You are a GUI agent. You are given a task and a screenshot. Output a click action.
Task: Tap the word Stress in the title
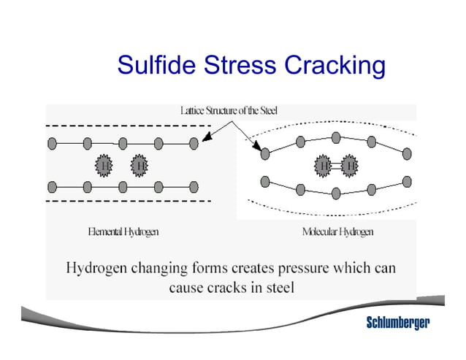pyautogui.click(x=238, y=66)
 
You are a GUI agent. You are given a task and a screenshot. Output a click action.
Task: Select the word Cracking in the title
pyautogui.click(x=334, y=67)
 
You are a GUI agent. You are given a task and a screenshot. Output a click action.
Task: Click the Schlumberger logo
pyautogui.click(x=397, y=323)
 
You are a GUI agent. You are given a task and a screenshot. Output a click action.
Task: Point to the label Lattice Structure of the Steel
pyautogui.click(x=229, y=110)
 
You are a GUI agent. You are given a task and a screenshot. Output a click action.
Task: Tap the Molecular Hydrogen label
pyautogui.click(x=337, y=232)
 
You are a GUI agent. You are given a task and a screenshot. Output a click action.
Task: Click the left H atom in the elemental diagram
pyautogui.click(x=104, y=165)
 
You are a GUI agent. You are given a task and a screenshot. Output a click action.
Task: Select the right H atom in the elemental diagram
pyautogui.click(x=140, y=165)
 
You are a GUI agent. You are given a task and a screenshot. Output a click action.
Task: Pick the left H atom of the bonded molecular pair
pyautogui.click(x=324, y=166)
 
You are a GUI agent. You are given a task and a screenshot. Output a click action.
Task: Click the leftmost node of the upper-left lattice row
pyautogui.click(x=52, y=143)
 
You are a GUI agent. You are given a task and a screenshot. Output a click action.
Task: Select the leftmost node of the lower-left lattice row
pyautogui.click(x=52, y=187)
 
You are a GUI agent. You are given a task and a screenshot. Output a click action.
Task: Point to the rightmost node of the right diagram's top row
pyautogui.click(x=407, y=154)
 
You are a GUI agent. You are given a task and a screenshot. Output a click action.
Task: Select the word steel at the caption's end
pyautogui.click(x=278, y=288)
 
